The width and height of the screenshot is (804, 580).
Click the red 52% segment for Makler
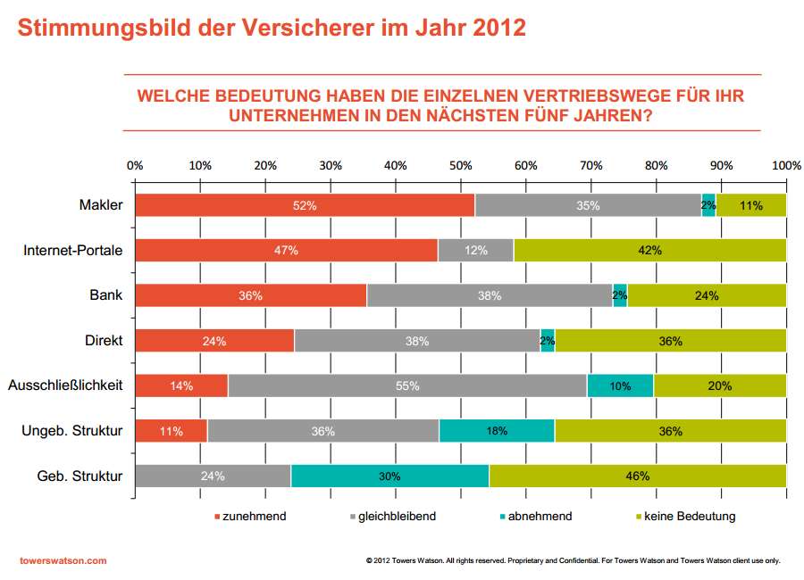(305, 205)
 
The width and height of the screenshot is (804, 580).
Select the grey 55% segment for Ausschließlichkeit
(407, 386)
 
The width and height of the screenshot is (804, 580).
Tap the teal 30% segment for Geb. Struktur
(389, 476)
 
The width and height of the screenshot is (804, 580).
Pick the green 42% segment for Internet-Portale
(649, 251)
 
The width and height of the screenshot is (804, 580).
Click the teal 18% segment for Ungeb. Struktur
(497, 431)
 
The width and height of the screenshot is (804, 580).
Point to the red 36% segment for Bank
(250, 295)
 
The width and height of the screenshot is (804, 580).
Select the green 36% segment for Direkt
(670, 341)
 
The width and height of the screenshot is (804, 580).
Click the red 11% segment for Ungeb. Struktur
(171, 431)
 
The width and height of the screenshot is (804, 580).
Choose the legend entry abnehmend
(540, 516)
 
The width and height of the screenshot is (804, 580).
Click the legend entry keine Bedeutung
(691, 516)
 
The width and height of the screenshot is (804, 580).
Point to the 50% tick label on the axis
(460, 165)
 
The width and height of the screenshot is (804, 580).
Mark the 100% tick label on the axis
(786, 165)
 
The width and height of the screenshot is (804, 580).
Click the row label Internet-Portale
(72, 251)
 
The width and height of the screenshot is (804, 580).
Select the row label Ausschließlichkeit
(64, 386)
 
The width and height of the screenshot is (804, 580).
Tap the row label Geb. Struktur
(81, 476)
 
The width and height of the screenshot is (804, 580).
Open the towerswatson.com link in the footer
(63, 560)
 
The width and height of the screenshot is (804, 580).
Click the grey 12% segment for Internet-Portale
(475, 251)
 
